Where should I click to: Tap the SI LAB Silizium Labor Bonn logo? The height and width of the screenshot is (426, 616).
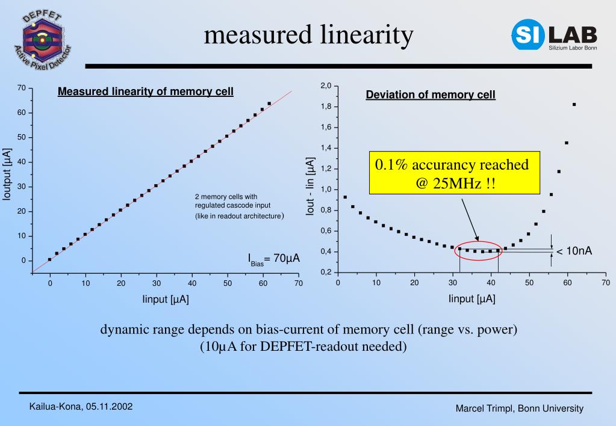555,35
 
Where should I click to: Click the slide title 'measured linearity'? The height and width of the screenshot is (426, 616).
308,35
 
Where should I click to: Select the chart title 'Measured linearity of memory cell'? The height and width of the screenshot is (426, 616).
146,92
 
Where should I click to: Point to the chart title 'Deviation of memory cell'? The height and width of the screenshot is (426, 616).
431,94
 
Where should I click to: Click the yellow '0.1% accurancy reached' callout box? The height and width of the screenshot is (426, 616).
452,173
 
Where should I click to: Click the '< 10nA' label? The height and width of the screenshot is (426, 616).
574,251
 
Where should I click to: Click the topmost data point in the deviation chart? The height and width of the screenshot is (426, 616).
574,104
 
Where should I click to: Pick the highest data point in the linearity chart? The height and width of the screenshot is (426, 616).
269,103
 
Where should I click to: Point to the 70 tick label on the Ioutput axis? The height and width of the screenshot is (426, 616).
21,88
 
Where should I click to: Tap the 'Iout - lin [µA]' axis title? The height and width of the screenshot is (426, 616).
311,187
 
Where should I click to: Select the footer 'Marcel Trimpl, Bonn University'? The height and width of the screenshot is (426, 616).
519,409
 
